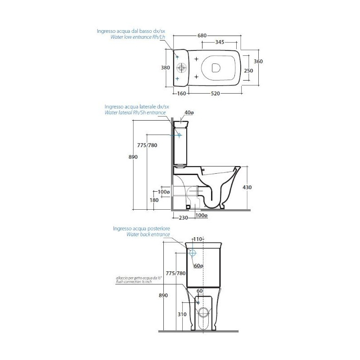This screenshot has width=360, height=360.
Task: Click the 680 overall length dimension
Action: (x=202, y=36)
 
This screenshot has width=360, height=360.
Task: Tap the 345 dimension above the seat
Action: (x=220, y=42)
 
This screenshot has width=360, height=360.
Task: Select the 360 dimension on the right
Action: (x=258, y=61)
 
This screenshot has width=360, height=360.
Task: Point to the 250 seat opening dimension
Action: (x=248, y=71)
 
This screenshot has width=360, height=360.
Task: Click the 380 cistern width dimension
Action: (x=165, y=67)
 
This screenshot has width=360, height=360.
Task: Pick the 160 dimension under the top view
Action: (x=182, y=94)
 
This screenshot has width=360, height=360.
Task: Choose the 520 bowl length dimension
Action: (x=216, y=94)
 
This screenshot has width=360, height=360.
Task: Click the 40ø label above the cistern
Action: (x=189, y=112)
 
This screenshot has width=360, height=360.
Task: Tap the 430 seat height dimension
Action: (x=247, y=187)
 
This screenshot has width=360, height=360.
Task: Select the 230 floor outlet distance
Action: (x=183, y=218)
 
